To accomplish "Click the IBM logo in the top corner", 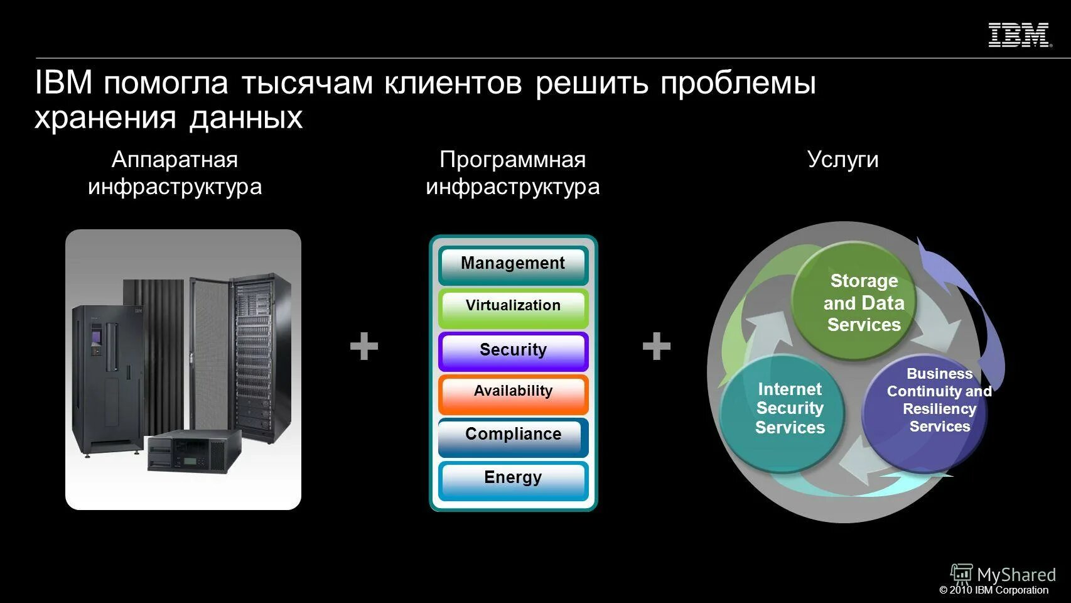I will (x=1019, y=35).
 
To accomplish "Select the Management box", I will (x=513, y=264).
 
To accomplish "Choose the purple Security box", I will (x=513, y=350).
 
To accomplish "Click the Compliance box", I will (x=513, y=435).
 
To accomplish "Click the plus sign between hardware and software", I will (x=364, y=346).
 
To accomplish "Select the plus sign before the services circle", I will (x=657, y=346).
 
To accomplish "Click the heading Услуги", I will (x=842, y=160).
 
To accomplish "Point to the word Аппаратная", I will (x=175, y=160).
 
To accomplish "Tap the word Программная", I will (x=512, y=160).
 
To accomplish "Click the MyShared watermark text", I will (x=1016, y=574).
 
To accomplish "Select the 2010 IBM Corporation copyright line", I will (x=994, y=590).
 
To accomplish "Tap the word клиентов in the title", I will (x=453, y=84).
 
